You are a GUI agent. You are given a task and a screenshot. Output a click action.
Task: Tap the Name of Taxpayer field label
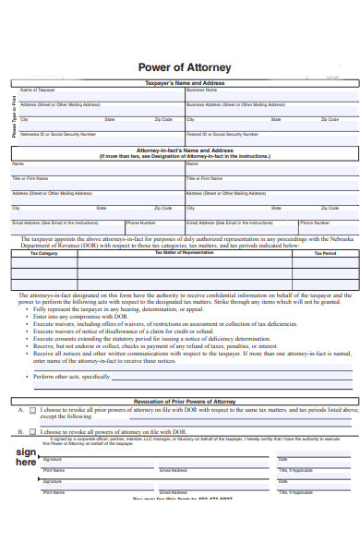click(38, 90)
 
